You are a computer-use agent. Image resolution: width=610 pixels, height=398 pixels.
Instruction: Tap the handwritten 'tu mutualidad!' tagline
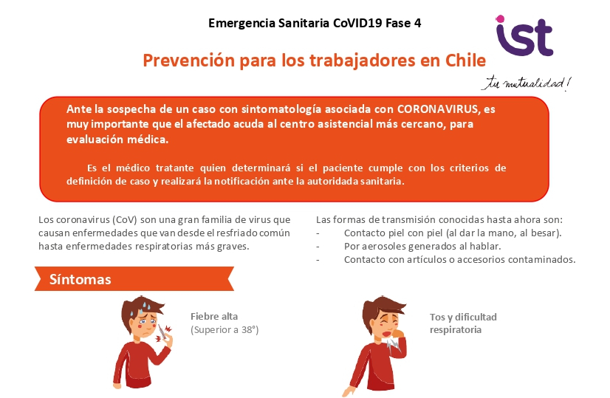tap(527, 83)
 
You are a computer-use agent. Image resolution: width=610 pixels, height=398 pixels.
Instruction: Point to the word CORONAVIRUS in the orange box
tap(439, 109)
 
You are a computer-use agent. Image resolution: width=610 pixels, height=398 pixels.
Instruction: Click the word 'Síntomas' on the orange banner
tap(80, 279)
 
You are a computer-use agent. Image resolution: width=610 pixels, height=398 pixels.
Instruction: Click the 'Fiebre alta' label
tap(214, 316)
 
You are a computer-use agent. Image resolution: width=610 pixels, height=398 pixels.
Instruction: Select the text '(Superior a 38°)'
tap(225, 330)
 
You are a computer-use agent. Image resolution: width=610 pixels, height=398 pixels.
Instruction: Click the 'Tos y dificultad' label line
tap(463, 317)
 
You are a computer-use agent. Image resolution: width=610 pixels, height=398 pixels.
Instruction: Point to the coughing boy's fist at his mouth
tap(398, 334)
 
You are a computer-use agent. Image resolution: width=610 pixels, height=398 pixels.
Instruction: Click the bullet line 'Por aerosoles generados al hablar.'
tap(422, 247)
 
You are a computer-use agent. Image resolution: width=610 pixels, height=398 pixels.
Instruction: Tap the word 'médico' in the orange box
tap(133, 168)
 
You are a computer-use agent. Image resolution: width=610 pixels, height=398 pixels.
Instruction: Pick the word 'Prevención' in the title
tap(188, 61)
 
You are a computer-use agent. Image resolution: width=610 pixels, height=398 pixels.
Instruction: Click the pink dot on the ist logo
tap(500, 18)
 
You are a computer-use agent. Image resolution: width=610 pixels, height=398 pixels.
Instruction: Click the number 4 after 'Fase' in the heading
tap(417, 23)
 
